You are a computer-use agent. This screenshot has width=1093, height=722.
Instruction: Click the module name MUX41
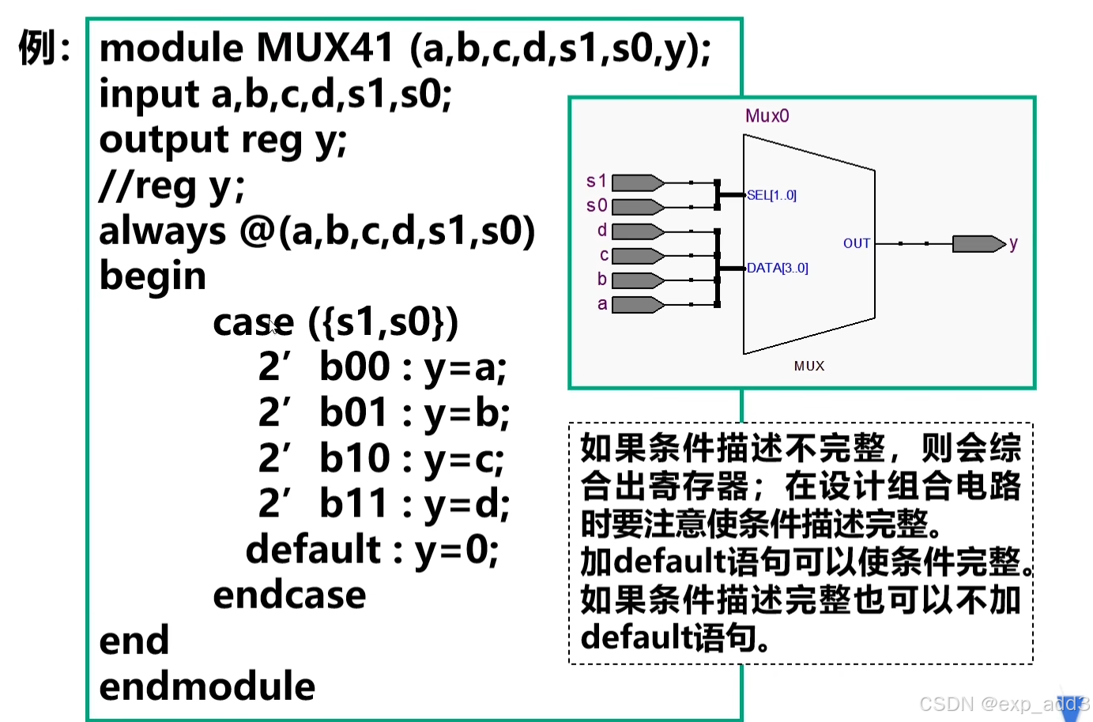click(325, 48)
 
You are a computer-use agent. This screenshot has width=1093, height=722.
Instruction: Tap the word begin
click(153, 276)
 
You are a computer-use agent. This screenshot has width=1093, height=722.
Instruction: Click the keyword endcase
click(289, 596)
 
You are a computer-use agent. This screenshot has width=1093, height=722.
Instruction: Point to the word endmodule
click(207, 686)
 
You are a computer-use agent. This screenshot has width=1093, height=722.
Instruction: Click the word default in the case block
click(314, 549)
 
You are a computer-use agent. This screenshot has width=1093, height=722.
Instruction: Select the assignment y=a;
click(465, 367)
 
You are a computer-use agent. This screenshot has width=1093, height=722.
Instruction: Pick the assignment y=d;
click(467, 504)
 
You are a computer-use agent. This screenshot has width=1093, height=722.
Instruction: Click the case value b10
click(355, 458)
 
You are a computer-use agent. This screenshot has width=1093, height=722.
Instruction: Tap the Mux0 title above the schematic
click(767, 116)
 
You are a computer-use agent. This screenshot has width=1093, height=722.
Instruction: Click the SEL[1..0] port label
click(771, 195)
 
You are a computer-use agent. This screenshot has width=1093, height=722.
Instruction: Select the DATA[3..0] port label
click(777, 268)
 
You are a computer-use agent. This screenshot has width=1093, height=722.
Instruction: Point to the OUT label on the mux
click(857, 243)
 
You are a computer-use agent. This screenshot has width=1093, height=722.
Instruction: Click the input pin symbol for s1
click(638, 183)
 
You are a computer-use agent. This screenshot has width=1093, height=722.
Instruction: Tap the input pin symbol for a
click(638, 305)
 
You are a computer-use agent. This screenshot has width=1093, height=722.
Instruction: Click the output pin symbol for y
click(978, 243)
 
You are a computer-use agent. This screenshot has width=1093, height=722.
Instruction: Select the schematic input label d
click(602, 231)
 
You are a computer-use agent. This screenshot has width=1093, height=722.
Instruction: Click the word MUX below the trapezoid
click(809, 366)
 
